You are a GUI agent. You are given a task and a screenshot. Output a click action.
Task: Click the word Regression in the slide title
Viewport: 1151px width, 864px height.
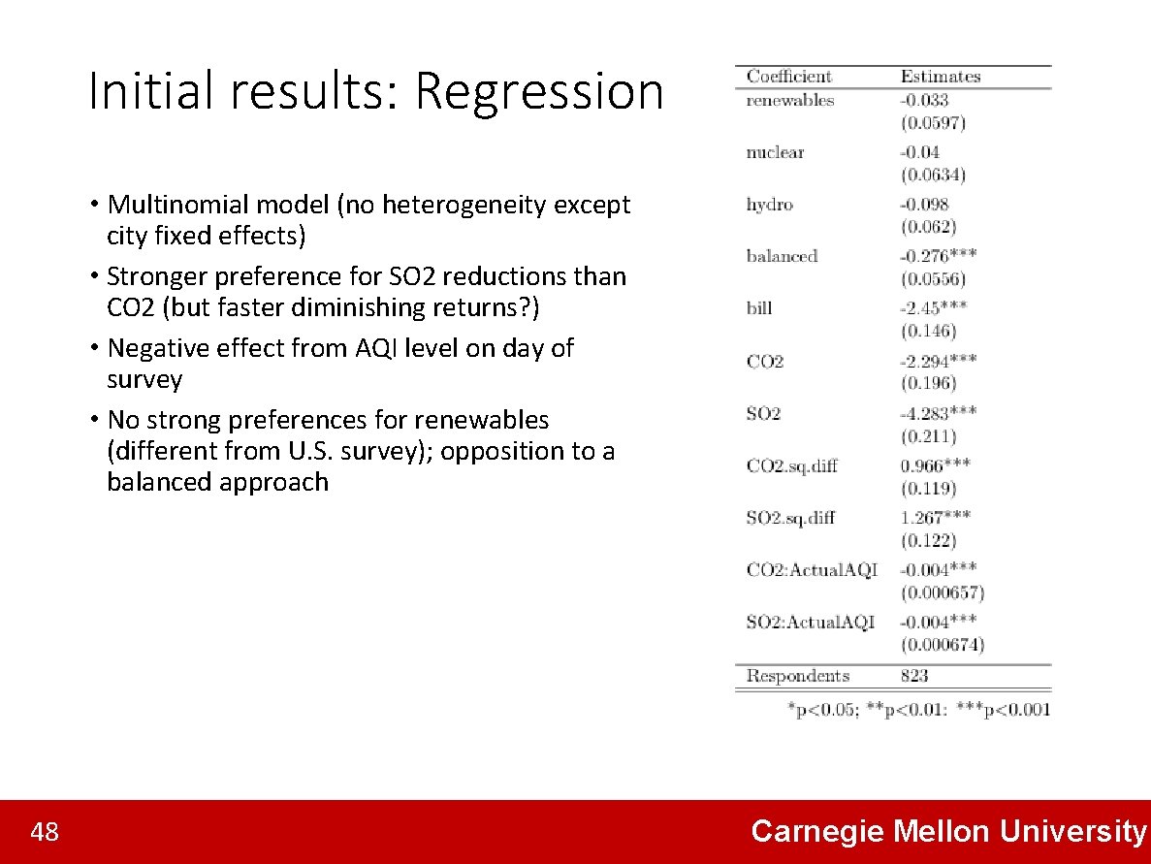(539, 93)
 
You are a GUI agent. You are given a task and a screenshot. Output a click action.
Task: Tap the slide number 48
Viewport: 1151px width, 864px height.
(45, 832)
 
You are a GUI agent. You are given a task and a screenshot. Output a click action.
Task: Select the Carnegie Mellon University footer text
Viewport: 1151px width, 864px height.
(948, 832)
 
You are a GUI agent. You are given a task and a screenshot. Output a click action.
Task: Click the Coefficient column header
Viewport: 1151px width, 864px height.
(789, 77)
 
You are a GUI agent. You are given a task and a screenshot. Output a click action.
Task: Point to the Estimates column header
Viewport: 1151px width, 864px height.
(940, 77)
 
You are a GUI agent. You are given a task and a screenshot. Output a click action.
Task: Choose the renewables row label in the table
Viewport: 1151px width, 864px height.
(789, 100)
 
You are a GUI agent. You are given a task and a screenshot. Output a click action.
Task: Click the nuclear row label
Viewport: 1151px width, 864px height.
(775, 152)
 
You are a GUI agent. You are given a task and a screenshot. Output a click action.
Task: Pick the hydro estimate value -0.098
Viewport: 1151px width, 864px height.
(924, 205)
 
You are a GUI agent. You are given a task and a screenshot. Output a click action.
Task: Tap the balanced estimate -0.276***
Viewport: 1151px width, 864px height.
(938, 256)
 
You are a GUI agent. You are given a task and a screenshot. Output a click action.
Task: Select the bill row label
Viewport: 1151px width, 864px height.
(759, 308)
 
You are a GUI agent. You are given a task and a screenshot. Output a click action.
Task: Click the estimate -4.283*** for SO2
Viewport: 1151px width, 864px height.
(938, 413)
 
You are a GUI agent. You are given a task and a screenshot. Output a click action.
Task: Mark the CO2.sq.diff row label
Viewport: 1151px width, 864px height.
(792, 465)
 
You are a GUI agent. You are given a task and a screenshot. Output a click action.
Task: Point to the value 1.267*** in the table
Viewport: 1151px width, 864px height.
(935, 518)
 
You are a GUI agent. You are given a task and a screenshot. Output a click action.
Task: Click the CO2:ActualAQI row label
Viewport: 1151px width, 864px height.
(812, 570)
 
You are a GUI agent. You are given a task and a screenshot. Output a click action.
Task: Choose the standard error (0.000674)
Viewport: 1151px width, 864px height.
(942, 645)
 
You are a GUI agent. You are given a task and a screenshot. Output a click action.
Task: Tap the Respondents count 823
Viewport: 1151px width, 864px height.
(913, 676)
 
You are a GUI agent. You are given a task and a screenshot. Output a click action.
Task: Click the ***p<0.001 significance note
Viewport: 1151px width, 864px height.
(1003, 710)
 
